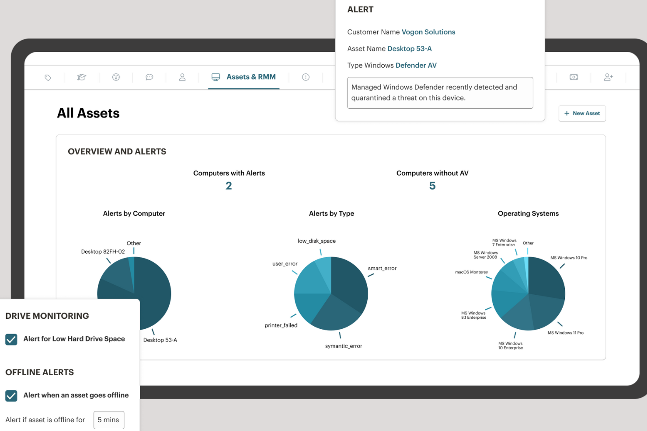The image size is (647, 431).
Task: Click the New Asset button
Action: point(582,114)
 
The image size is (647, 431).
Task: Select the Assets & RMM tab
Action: point(244,77)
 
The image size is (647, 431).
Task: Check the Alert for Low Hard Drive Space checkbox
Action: point(11,339)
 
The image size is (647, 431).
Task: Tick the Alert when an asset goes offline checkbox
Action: point(11,396)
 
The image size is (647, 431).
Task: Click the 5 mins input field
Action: point(109,420)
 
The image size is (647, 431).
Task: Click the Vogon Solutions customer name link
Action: point(428,32)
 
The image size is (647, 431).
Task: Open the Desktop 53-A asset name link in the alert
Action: point(409,48)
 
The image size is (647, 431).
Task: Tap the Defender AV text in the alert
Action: point(416,66)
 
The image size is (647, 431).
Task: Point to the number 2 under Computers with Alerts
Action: point(229,186)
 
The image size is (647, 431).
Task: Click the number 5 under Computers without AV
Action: point(432,186)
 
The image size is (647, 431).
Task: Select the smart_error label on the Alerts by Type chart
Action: point(382,269)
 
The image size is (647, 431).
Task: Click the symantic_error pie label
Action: point(343,346)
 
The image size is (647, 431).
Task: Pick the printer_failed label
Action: point(281,325)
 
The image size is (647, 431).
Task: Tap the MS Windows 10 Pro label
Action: point(568,258)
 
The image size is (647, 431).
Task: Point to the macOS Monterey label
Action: point(471,272)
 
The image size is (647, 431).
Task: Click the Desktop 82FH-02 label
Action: point(103,252)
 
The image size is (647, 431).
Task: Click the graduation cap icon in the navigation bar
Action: point(82,77)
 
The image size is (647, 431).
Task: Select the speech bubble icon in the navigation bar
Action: point(149,77)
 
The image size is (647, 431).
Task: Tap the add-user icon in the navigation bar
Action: point(608,77)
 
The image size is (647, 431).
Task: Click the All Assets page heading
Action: point(88,114)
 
